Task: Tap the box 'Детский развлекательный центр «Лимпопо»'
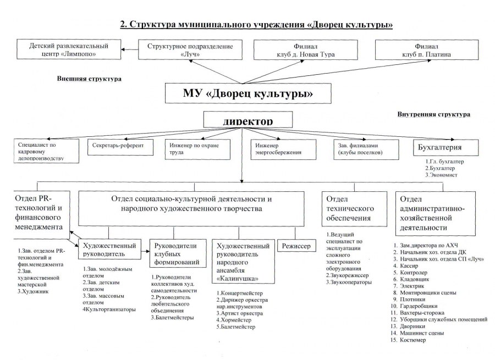[x=69, y=49]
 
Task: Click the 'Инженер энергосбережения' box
[x=284, y=149]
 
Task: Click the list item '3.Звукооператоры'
[x=349, y=282]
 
